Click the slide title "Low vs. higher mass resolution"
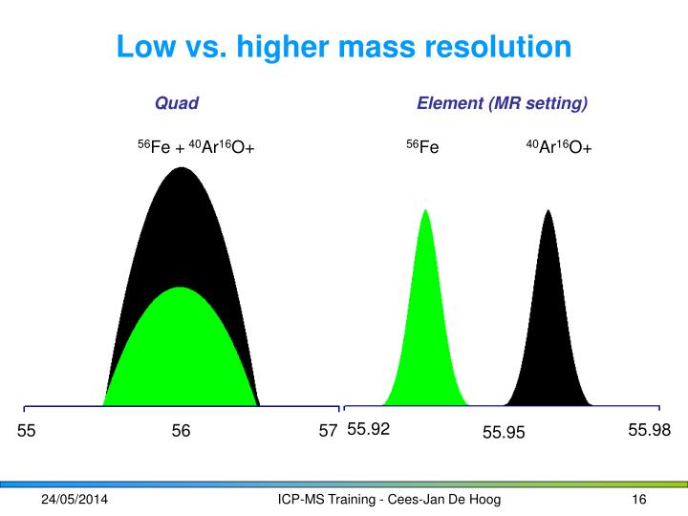pos(344,45)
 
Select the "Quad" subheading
pos(177,102)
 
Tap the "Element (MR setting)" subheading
pos(502,102)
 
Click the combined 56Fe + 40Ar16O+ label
pos(196,147)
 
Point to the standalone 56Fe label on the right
pos(422,147)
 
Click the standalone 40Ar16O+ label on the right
pos(559,147)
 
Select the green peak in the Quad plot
pos(181,354)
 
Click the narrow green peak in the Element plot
pos(425,325)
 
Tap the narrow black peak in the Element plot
pos(548,325)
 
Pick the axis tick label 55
pos(27,432)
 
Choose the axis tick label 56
pos(181,432)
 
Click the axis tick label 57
pos(328,432)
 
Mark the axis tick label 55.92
pos(368,430)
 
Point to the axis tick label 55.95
pos(504,434)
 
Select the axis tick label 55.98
pos(650,430)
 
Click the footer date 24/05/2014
pos(74,501)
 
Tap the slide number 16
pos(640,501)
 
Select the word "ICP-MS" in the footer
pos(299,501)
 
